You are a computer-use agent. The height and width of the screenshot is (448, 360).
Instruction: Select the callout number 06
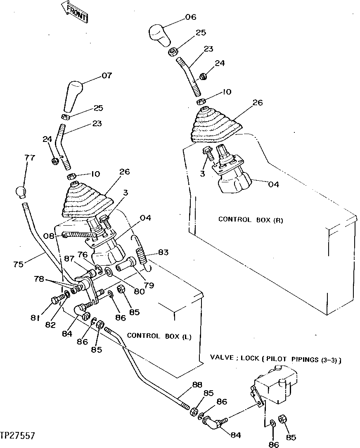[190, 17]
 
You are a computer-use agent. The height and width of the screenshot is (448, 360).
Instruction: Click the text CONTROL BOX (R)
[251, 220]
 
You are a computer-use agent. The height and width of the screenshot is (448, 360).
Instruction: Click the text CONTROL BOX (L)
[159, 336]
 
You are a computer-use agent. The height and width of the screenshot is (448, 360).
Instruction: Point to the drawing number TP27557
[18, 436]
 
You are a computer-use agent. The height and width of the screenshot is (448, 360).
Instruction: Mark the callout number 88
[197, 385]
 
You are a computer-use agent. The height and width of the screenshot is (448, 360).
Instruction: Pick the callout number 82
[51, 325]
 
